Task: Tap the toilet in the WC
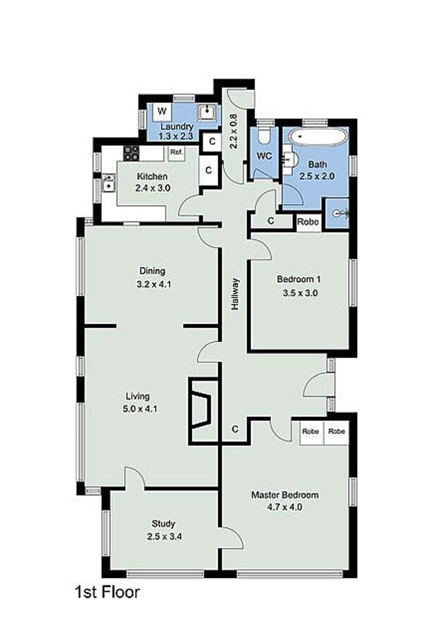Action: click(x=263, y=137)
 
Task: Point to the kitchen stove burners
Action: click(x=131, y=152)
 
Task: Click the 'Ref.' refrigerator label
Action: click(x=176, y=152)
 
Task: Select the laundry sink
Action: click(x=208, y=112)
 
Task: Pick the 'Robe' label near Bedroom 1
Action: click(x=309, y=222)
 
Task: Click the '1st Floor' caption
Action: click(x=107, y=593)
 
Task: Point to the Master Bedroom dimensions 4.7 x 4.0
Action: click(x=285, y=507)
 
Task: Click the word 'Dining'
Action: click(x=153, y=271)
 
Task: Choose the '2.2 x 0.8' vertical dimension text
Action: click(x=233, y=131)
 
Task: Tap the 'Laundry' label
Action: click(x=177, y=126)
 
